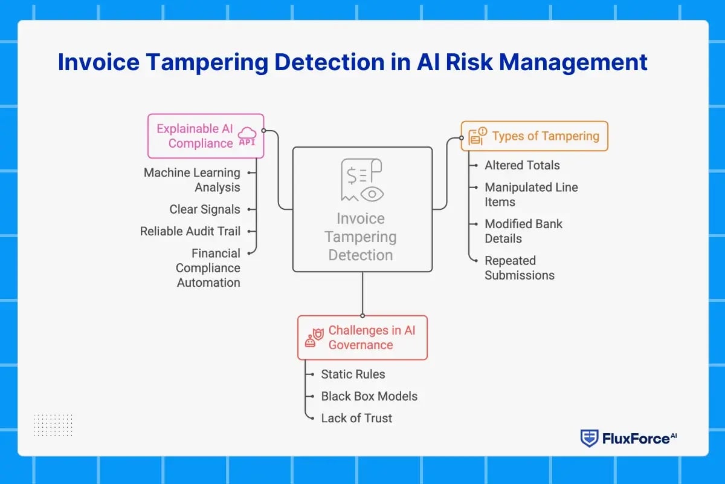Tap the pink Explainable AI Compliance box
205,136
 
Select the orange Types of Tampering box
534,136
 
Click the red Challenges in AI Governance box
362,338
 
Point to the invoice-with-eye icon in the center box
362,180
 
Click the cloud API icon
247,137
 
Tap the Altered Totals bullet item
522,165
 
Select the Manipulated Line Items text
530,195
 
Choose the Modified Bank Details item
523,231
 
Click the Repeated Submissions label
519,268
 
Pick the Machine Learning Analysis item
192,180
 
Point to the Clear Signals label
204,209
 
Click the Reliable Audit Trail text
190,231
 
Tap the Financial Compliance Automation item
208,268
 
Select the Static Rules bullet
353,374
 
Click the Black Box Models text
369,396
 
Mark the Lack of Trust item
356,418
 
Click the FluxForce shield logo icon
588,439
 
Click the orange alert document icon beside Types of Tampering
478,136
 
